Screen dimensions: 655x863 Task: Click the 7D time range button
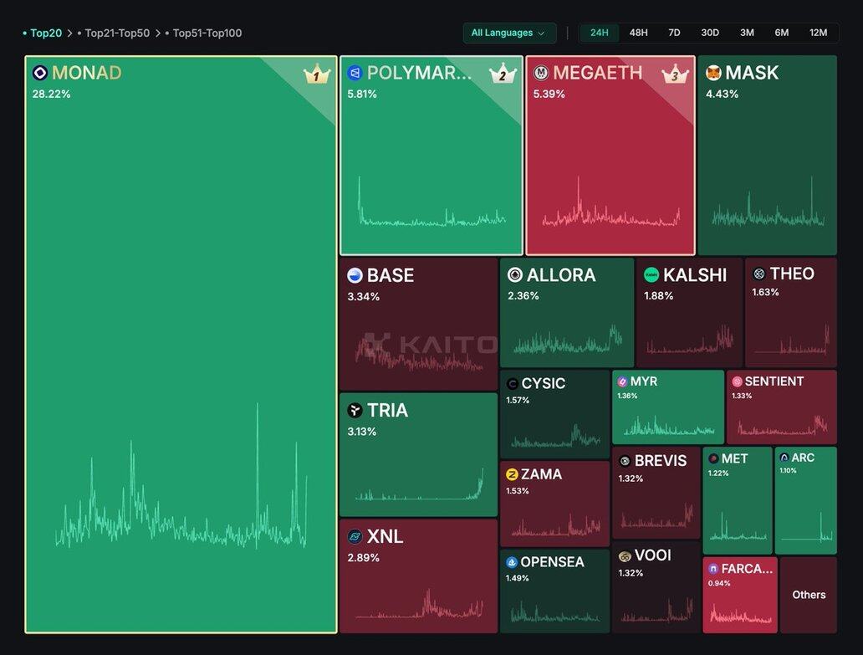click(x=674, y=33)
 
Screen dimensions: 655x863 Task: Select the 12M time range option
click(x=818, y=33)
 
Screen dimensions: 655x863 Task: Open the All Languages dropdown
click(x=509, y=33)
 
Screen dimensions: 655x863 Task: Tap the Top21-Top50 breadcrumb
click(x=117, y=33)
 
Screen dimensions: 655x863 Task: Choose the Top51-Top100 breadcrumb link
click(x=207, y=33)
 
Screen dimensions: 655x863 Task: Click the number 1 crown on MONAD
click(x=316, y=76)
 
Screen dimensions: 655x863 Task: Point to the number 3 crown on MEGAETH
click(x=674, y=75)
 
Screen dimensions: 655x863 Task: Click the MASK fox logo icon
click(x=713, y=73)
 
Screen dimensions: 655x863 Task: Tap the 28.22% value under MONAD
click(x=51, y=94)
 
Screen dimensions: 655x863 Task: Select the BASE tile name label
click(x=391, y=275)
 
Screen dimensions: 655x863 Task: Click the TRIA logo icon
click(x=355, y=410)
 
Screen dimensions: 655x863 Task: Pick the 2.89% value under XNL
click(x=363, y=557)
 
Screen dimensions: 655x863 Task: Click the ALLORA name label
click(x=561, y=275)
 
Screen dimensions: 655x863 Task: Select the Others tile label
click(x=809, y=595)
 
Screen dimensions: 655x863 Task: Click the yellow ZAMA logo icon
click(x=512, y=474)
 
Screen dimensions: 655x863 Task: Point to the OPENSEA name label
click(x=552, y=562)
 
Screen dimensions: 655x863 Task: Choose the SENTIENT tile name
click(x=774, y=381)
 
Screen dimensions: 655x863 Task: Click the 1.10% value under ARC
click(x=788, y=471)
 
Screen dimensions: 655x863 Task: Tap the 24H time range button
click(x=600, y=33)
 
